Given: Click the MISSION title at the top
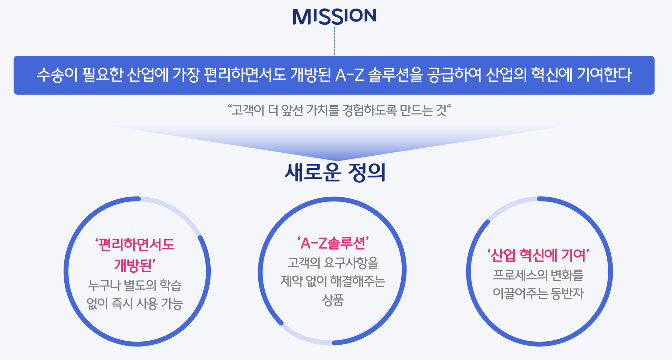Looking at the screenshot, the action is (334, 16).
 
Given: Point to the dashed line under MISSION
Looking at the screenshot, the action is (334, 41).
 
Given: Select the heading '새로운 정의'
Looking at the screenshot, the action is (335, 173).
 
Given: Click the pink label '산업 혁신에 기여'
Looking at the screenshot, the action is (538, 255).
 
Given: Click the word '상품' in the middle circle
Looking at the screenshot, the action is (333, 300).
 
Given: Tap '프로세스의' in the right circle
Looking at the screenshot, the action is (520, 275).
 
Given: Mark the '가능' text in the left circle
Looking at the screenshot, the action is (172, 304).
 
